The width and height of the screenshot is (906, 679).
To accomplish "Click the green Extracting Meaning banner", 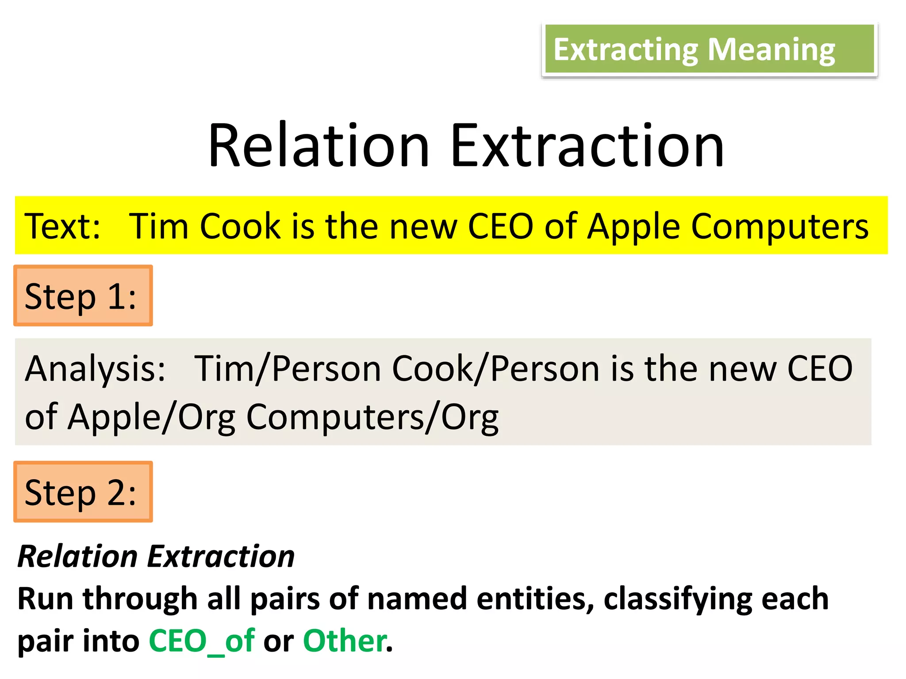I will tap(709, 50).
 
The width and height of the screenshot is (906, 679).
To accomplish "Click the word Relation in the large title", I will tap(319, 146).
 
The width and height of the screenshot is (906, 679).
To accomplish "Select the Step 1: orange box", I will tap(83, 296).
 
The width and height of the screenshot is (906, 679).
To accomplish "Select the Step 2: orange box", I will tap(83, 492).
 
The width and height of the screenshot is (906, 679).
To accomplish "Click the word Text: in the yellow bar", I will tap(62, 226).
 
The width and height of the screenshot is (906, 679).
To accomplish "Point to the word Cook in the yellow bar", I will tap(240, 226).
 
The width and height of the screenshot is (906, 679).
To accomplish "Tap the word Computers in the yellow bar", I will tap(779, 226).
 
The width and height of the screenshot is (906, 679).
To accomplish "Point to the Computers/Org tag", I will tap(372, 417).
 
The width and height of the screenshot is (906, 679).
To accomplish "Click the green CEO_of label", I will tap(201, 641).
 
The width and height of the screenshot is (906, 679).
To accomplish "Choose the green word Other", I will tap(344, 641).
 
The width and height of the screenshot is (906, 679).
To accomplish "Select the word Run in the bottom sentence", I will tap(45, 599).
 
